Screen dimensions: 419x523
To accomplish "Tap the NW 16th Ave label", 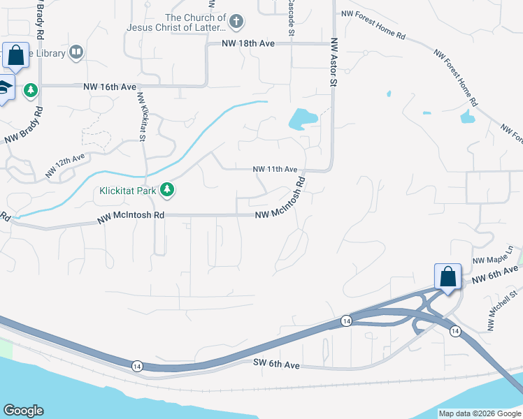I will (x=110, y=87).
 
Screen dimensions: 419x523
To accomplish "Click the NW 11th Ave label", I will (x=275, y=170).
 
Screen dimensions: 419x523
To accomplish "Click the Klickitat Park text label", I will (x=128, y=189).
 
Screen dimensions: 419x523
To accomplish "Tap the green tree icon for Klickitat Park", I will (x=167, y=189).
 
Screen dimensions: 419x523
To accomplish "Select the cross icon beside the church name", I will (x=237, y=20).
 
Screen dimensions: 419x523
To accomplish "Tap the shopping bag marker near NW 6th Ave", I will (x=447, y=277).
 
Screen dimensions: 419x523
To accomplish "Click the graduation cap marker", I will (x=4, y=88).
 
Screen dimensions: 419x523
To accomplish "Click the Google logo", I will (x=23, y=411).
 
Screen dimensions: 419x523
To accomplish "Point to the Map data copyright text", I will (x=479, y=413).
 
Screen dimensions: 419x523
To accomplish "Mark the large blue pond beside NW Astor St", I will (x=302, y=119).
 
